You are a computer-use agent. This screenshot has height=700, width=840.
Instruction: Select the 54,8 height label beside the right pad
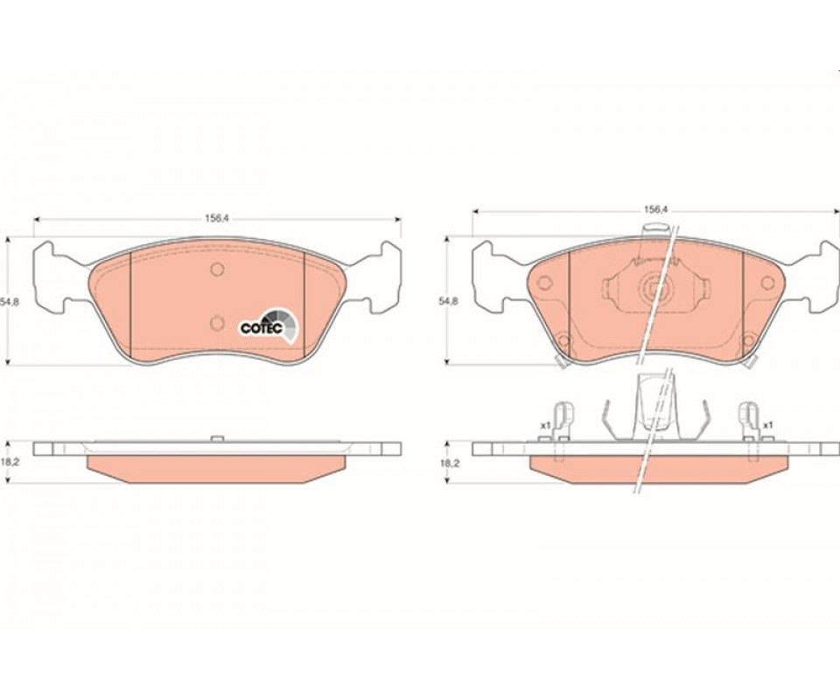tap(449, 301)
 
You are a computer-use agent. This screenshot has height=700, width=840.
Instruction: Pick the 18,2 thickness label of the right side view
tap(448, 462)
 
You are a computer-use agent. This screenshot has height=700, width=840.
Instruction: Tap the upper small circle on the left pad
tap(217, 269)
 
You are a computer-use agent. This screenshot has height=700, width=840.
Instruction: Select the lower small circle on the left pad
tap(216, 322)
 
